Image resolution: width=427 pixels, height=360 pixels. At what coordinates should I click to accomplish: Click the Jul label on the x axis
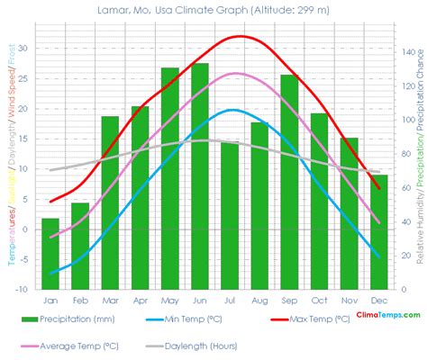229,300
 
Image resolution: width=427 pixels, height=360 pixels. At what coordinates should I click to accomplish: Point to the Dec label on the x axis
379,300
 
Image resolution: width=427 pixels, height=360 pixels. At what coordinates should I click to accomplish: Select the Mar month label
110,300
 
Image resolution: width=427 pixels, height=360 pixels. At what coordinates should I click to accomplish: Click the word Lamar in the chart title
114,10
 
